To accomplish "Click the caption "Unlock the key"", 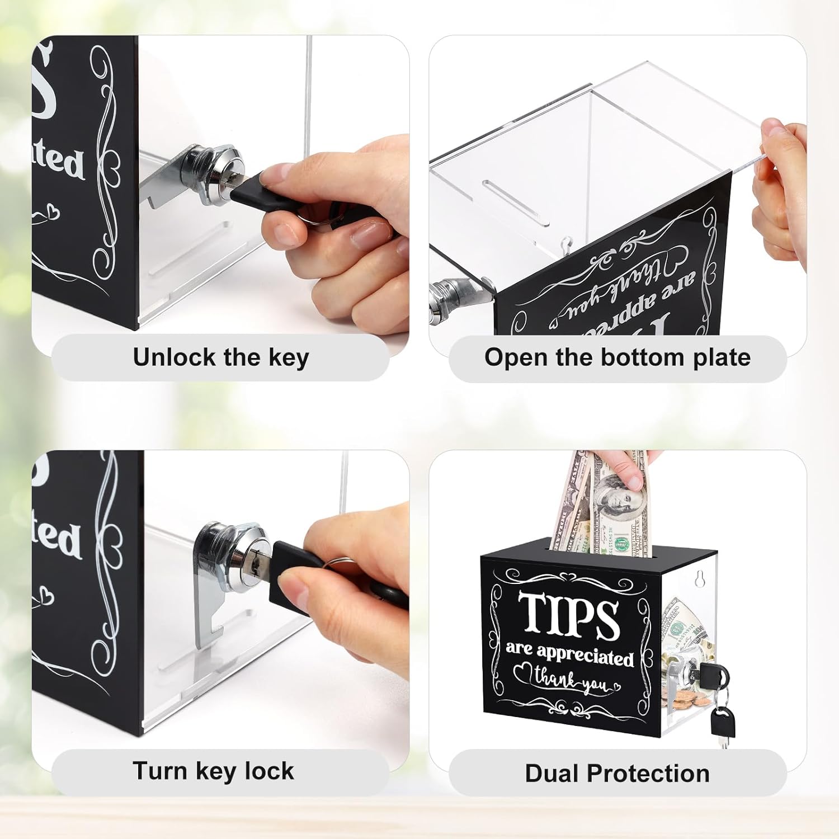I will pos(220,357).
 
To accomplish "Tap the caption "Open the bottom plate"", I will pos(617,357).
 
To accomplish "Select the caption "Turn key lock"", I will pos(213,771).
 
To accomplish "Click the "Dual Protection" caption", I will pos(617,774).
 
